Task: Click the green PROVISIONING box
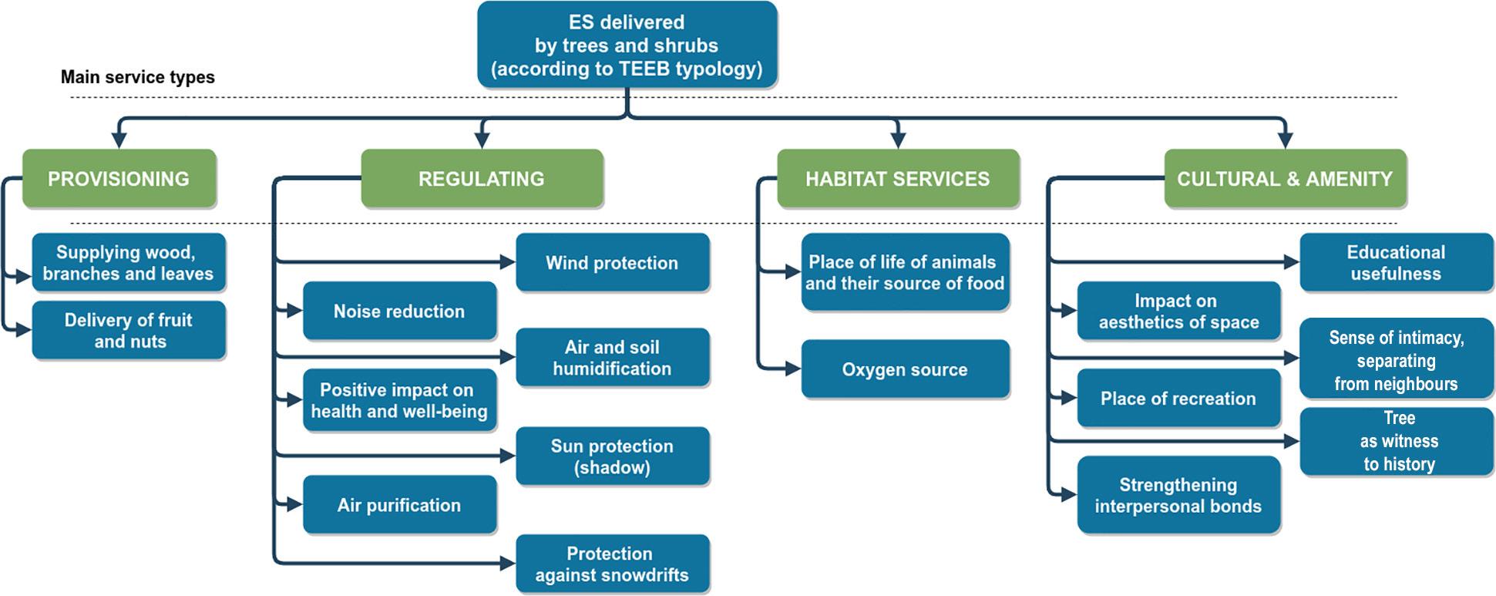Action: click(x=119, y=179)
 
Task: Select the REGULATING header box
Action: click(x=481, y=179)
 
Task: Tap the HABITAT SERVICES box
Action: click(x=897, y=179)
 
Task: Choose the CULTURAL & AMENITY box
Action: click(x=1284, y=179)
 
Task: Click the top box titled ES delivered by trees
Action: click(x=627, y=45)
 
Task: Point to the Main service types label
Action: click(x=137, y=77)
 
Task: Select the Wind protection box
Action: click(x=612, y=263)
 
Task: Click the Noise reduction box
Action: click(x=398, y=311)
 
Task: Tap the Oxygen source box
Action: click(x=905, y=369)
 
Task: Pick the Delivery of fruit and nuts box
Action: click(x=128, y=331)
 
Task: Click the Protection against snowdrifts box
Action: click(x=612, y=564)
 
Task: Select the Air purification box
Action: click(x=398, y=505)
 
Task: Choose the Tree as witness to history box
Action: click(x=1397, y=441)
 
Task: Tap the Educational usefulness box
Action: click(x=1396, y=263)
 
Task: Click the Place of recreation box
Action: click(x=1178, y=399)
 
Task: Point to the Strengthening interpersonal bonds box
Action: click(x=1178, y=495)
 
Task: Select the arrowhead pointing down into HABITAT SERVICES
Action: click(x=897, y=140)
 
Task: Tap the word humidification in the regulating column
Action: click(x=612, y=369)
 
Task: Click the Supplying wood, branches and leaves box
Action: click(x=128, y=263)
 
